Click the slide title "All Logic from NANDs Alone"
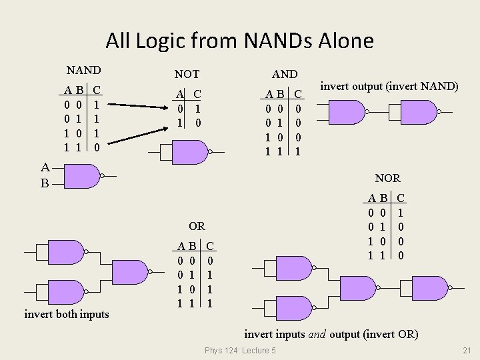point(239,41)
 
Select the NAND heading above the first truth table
point(83,70)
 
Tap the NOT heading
point(187,75)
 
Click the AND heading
point(285,74)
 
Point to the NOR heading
point(387,178)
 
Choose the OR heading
point(197,226)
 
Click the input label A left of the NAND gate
point(44,168)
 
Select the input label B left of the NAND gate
point(44,183)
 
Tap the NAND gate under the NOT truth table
point(190,153)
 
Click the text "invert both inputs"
point(67,314)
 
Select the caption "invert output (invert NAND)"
point(389,86)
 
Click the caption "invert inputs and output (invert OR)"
point(331,334)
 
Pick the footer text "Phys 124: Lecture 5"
point(240,351)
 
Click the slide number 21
point(466,351)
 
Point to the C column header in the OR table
point(210,245)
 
